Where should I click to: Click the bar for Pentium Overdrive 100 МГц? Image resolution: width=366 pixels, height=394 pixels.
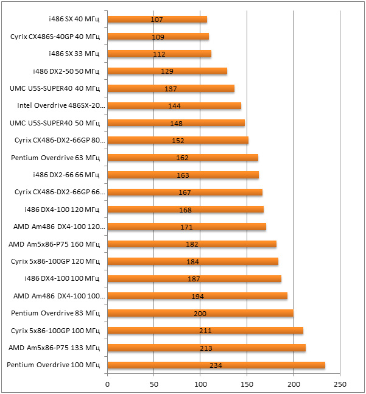click(183, 365)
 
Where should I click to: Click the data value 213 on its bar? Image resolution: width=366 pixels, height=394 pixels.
click(206, 348)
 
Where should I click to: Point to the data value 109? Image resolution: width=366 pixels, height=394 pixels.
click(158, 37)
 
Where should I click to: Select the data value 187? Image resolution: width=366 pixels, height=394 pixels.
click(194, 279)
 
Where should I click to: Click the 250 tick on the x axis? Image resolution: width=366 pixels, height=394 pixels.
click(340, 384)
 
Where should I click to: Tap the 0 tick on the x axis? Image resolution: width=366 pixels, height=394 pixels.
click(108, 384)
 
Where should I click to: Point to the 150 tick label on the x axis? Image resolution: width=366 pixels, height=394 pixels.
click(247, 384)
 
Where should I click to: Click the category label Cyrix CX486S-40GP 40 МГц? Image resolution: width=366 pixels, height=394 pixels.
click(55, 37)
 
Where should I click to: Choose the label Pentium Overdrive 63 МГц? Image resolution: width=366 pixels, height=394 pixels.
click(55, 158)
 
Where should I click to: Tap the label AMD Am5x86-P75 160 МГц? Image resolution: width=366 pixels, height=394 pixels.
click(54, 244)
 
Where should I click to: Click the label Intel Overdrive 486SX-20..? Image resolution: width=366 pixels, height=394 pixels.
click(61, 106)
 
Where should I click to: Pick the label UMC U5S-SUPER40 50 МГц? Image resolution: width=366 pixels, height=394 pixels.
click(55, 123)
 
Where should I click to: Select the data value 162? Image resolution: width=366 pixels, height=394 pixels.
click(183, 158)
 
